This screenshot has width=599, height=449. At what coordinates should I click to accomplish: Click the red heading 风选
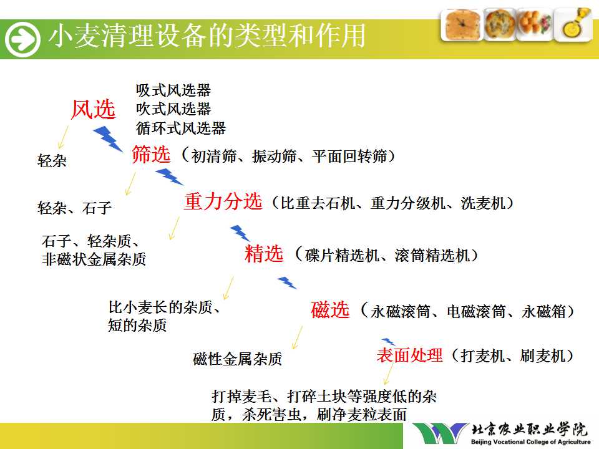coord(93,110)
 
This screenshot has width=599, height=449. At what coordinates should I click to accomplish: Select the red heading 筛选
coord(151,154)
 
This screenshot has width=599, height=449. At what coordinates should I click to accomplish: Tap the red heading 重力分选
coord(223,201)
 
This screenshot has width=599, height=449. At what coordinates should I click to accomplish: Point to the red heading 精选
coord(264,254)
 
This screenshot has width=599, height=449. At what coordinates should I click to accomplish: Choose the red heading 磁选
coord(330,310)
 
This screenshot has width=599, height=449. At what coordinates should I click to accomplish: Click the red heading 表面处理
coord(409,355)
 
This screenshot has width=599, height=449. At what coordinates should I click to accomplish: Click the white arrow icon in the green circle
coord(22,39)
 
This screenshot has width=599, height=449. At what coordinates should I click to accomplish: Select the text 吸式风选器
coord(173,90)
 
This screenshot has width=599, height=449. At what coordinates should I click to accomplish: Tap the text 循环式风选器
coord(181,128)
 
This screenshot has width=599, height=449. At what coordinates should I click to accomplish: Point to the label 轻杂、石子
coord(74,208)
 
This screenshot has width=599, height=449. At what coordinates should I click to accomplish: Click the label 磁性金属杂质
coord(237,359)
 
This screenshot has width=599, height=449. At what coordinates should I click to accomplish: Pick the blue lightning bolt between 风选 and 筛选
coord(108,138)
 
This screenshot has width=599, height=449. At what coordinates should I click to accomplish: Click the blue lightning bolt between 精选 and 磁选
coord(287,282)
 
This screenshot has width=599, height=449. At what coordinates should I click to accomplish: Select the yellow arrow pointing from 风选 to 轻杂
coord(63,137)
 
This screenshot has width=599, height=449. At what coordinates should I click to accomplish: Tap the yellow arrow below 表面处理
coord(388,374)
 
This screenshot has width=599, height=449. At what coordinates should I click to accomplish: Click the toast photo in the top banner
coord(462,25)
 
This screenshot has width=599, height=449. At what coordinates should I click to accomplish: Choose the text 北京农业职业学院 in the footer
coord(530,430)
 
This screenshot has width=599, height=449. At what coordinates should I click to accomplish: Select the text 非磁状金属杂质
coord(94,259)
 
